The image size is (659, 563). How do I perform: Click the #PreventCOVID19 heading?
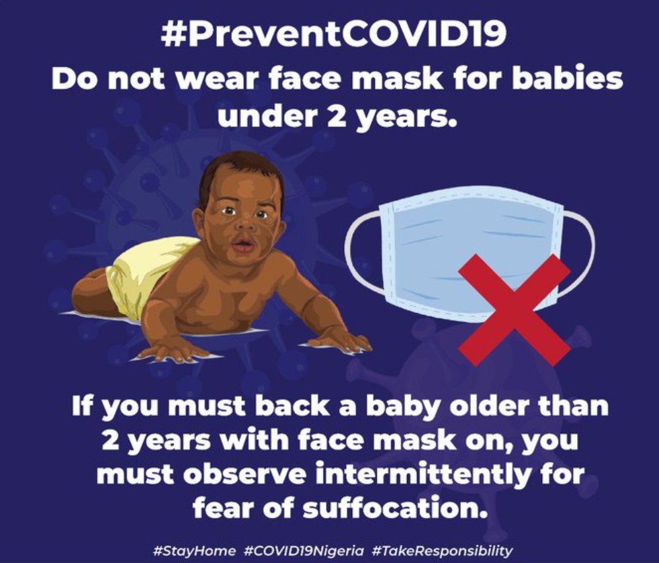click(x=333, y=34)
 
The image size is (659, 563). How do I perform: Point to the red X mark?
click(x=514, y=304)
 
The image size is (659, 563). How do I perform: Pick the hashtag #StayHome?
click(x=195, y=550)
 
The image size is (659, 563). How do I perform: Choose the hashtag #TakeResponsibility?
click(x=442, y=550)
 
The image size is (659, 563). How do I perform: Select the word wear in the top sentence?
click(x=216, y=79)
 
